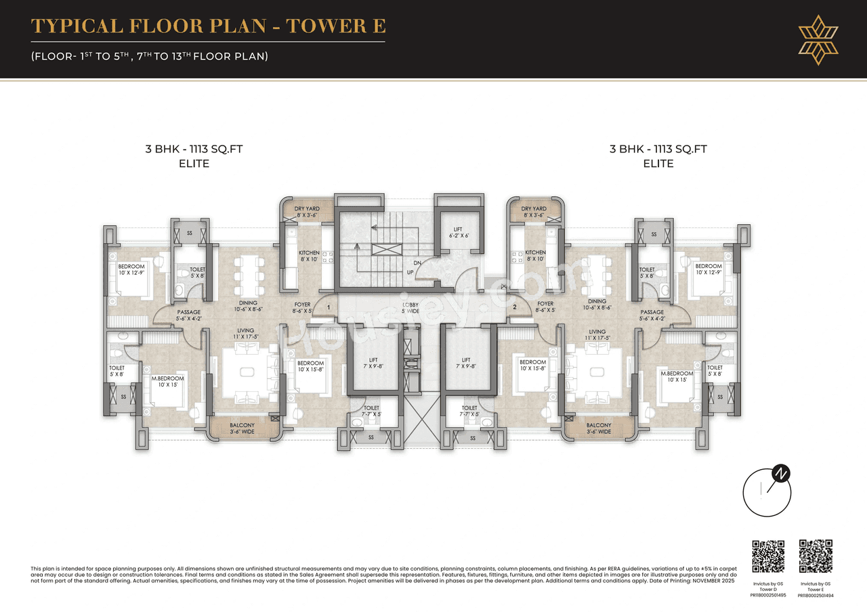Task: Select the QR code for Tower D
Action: [769, 556]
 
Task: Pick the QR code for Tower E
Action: [816, 556]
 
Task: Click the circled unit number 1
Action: [328, 307]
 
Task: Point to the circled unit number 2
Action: [515, 307]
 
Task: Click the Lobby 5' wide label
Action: [410, 308]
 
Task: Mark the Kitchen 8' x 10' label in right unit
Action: [535, 256]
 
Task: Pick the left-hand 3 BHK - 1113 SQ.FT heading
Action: [194, 150]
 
